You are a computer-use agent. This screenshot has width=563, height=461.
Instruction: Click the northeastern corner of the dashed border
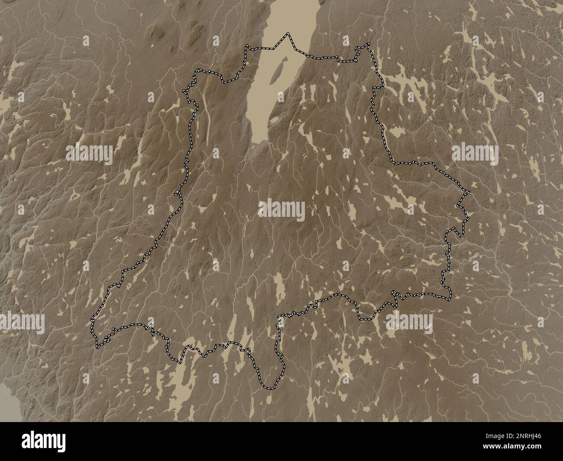tap(369, 44)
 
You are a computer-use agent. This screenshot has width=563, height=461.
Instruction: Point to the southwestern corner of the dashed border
tap(98, 347)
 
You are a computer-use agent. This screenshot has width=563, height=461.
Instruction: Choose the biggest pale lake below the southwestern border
tap(182, 381)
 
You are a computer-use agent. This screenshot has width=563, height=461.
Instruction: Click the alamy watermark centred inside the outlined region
tap(281, 210)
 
